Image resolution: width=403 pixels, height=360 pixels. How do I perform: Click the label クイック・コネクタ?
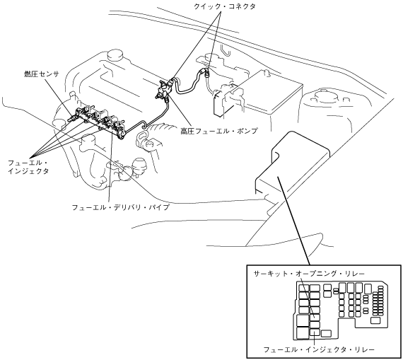coord(224,6)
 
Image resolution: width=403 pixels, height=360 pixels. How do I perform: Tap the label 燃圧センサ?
coord(42,74)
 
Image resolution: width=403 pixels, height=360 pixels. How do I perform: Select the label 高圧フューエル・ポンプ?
coord(218,131)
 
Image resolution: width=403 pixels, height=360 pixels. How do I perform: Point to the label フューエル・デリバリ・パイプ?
coord(121,207)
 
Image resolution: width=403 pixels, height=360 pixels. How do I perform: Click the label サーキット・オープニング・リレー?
coord(309,274)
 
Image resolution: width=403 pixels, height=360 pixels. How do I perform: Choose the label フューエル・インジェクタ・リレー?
coord(319,349)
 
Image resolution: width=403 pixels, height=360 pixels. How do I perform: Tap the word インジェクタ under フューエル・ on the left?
coord(28,171)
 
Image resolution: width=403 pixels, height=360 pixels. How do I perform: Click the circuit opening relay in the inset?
coord(315,317)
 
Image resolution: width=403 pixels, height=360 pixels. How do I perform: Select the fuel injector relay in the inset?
coord(315,332)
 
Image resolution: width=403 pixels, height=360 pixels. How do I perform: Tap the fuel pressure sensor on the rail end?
coord(73,118)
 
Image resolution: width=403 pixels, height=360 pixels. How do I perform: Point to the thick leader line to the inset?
coord(294,221)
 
